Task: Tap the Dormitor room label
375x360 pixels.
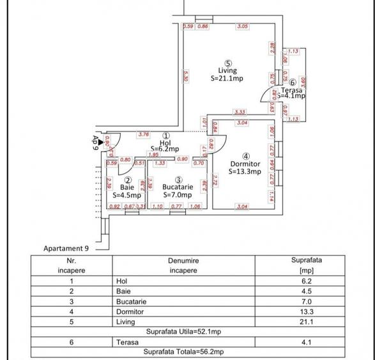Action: pos(246,163)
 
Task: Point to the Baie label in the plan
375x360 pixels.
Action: pos(127,187)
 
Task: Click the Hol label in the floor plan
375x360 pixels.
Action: pos(165,143)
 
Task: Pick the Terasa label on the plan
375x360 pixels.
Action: pos(292,90)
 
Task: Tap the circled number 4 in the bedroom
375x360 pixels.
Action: pos(246,155)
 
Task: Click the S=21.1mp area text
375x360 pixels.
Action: pos(227,79)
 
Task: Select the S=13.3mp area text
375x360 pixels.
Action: pos(246,171)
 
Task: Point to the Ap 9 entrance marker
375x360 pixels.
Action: pos(95,141)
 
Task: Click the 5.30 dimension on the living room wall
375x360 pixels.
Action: pos(185,75)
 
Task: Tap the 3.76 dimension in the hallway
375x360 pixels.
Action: pos(144,134)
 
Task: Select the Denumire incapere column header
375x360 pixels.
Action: pos(183,265)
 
